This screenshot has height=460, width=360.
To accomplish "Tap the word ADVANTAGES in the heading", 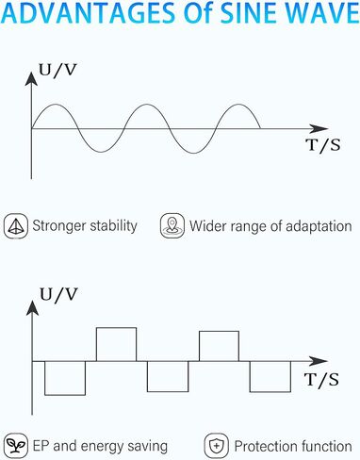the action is [90, 13].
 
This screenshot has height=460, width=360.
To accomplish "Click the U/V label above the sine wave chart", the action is [57, 71].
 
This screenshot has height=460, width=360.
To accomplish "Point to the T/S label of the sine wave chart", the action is [323, 145].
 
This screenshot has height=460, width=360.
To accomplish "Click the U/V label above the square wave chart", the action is [58, 295].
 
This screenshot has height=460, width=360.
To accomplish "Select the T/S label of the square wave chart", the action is [322, 379].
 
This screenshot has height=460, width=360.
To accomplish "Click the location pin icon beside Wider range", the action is [172, 226].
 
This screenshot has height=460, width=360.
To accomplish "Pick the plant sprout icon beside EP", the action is [16, 446].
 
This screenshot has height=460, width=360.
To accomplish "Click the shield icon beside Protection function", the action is [216, 446].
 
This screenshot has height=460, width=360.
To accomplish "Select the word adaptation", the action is [319, 226].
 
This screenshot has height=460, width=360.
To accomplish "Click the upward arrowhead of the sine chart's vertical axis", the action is [31, 78].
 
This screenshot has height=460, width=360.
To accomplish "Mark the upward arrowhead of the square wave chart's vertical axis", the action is [32, 307].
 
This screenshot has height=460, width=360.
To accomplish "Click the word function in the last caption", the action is [322, 446].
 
